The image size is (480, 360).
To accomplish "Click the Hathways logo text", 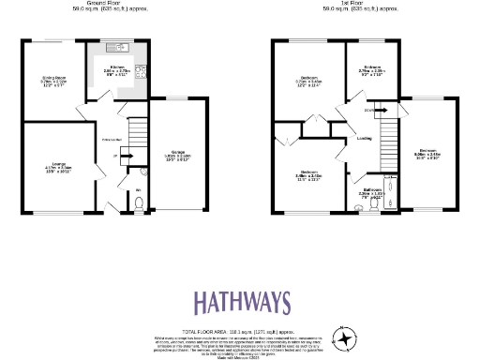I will (243, 303).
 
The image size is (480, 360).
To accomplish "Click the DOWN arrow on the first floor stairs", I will (370, 111).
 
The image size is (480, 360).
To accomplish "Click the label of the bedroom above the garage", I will (429, 154).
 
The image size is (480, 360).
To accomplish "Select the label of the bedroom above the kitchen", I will (373, 70).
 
